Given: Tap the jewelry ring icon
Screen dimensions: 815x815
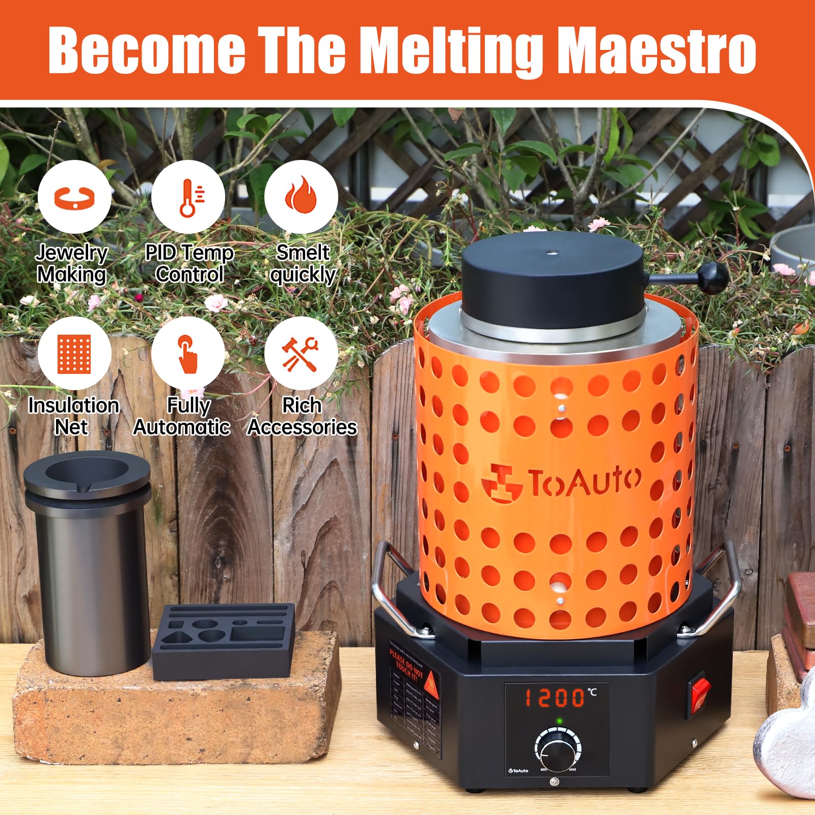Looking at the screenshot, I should [74, 198].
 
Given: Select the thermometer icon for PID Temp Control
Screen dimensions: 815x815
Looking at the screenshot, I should [188, 198].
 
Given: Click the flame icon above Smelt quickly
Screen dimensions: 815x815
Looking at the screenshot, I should [301, 197].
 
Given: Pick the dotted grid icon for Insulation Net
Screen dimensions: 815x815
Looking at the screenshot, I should [74, 354].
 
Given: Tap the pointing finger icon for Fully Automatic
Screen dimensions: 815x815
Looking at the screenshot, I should [187, 354].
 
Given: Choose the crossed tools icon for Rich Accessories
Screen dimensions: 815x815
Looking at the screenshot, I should [301, 354].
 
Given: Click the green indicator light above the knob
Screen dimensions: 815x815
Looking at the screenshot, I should [559, 721].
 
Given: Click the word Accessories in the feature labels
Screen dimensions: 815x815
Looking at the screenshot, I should [302, 427].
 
